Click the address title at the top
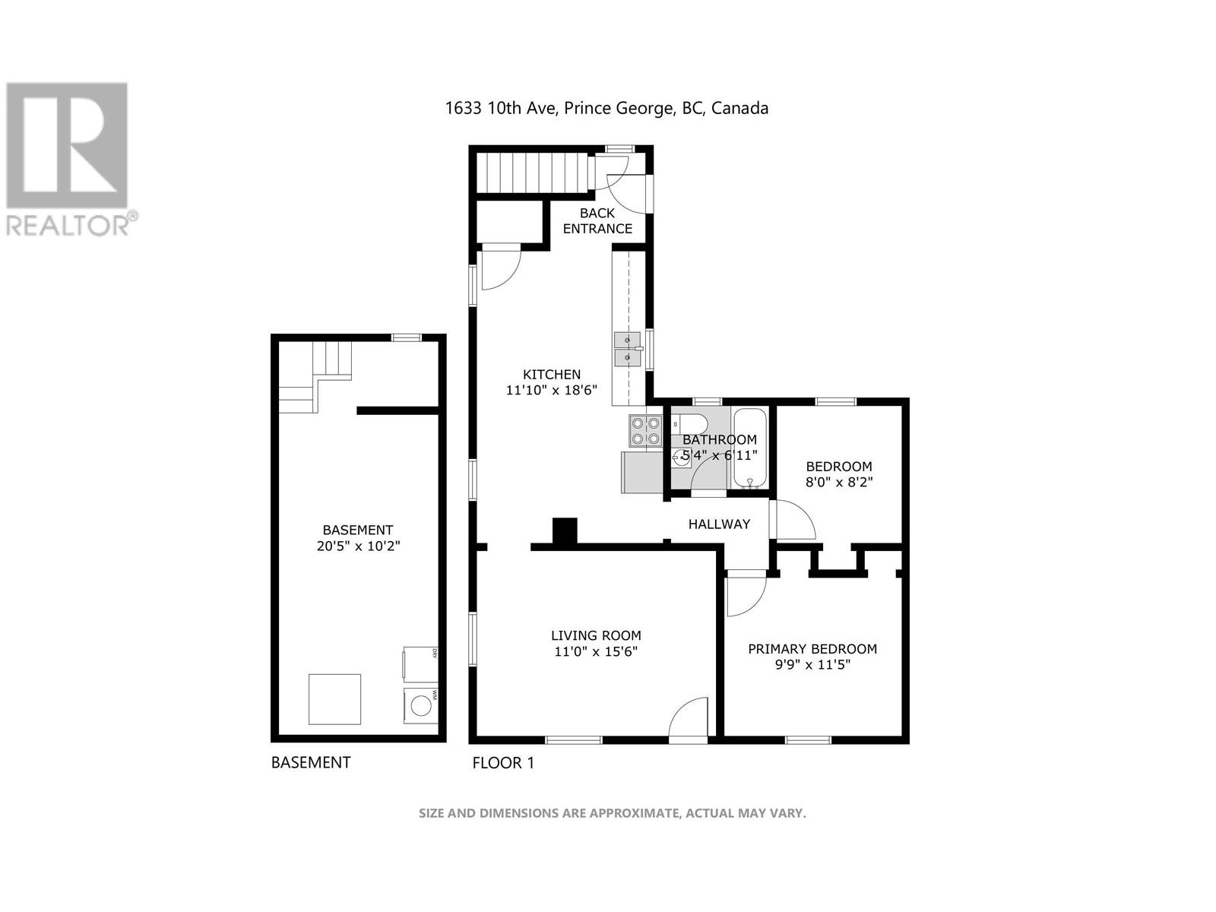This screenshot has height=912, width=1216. [606, 108]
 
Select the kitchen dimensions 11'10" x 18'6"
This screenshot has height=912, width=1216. [552, 391]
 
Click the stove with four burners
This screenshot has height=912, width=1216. [645, 431]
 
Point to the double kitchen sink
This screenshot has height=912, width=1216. [628, 350]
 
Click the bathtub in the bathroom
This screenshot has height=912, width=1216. [750, 448]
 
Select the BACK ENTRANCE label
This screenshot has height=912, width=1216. [597, 220]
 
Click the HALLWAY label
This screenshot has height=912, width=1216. [719, 524]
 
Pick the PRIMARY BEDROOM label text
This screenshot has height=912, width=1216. [812, 648]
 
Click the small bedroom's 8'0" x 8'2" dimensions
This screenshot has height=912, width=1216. [839, 482]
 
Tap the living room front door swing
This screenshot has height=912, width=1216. [689, 718]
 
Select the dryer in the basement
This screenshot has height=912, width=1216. [420, 662]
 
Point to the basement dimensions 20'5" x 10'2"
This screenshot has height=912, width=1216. [358, 546]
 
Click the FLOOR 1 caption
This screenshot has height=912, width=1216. [503, 762]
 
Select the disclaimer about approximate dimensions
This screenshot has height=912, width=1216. [612, 813]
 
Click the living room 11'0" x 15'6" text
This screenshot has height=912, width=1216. [596, 651]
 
